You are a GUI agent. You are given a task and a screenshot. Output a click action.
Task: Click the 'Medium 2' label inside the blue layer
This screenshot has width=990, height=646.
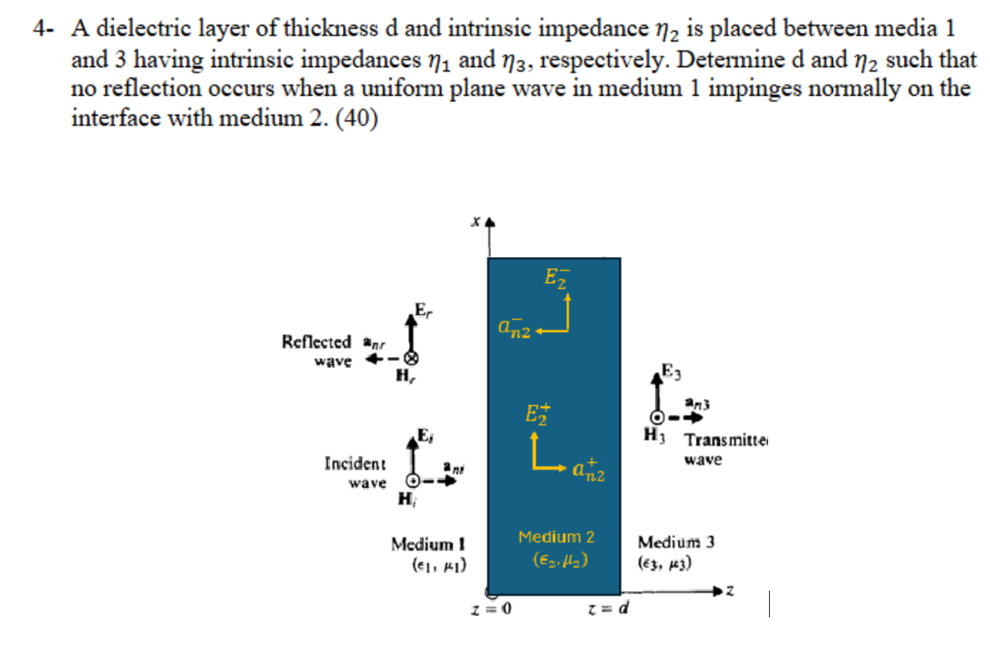[556, 536]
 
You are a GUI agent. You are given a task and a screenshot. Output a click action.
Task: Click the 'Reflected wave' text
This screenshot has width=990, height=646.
[317, 351]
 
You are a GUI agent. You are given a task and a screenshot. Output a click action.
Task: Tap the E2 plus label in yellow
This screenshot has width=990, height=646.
[535, 415]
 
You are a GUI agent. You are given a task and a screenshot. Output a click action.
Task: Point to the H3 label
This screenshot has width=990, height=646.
[652, 435]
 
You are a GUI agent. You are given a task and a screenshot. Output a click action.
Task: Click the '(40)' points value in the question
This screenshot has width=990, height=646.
[357, 117]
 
